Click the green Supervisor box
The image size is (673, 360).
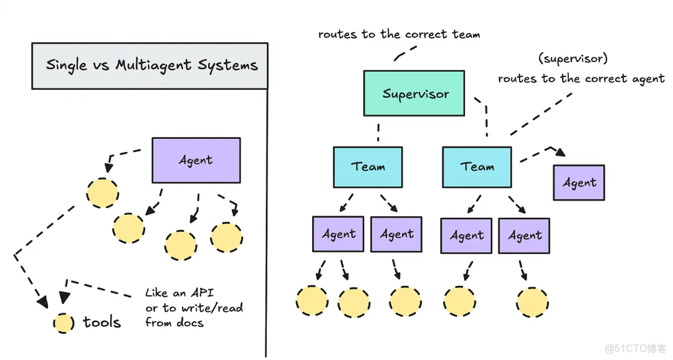click(414, 93)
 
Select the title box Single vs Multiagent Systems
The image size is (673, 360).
click(150, 65)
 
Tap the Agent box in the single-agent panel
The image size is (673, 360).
click(196, 160)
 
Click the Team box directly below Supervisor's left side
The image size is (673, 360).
click(368, 167)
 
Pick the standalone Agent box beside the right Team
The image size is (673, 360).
click(579, 182)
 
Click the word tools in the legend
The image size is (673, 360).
click(102, 322)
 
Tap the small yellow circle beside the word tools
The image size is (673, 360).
click(63, 323)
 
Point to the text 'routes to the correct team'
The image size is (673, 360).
click(399, 35)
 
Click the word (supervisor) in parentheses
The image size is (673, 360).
click(573, 59)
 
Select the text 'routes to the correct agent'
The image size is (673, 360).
click(581, 78)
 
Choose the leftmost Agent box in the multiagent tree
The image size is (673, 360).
click(338, 234)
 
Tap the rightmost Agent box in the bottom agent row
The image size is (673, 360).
click(524, 235)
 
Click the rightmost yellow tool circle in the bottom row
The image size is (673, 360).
click(533, 302)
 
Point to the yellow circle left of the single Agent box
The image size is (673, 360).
click(102, 193)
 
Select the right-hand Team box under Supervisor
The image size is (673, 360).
click(477, 167)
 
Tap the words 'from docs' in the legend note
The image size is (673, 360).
click(174, 322)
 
